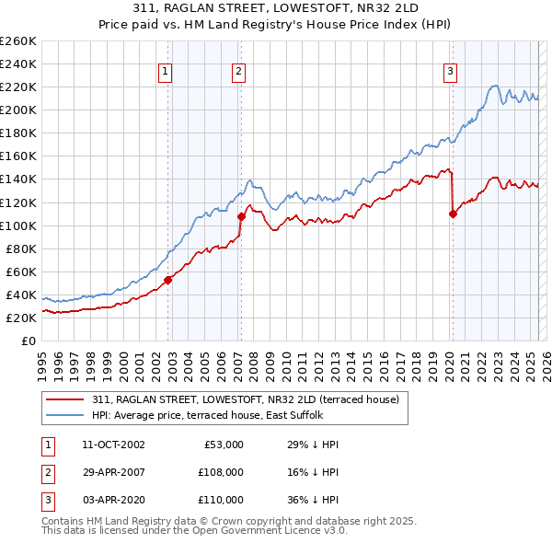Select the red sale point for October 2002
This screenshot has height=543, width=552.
(x=168, y=280)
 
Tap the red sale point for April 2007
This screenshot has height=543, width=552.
(x=242, y=216)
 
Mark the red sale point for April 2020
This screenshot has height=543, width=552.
(x=454, y=214)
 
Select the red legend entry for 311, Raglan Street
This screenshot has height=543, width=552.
(x=245, y=399)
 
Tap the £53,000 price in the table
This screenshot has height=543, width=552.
(x=222, y=445)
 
